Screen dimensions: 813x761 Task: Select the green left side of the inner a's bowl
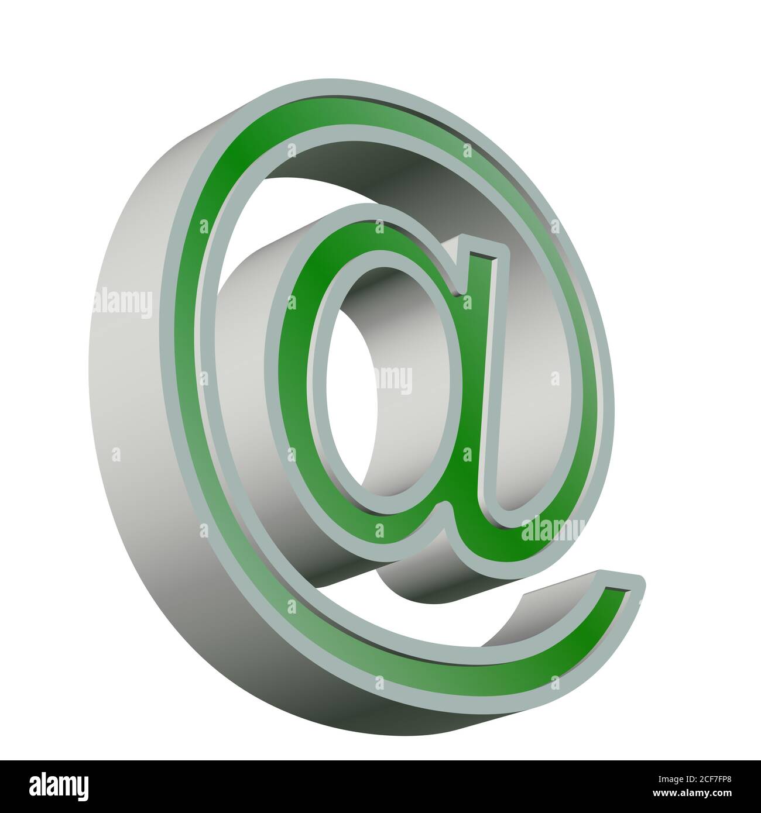[x=296, y=380]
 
